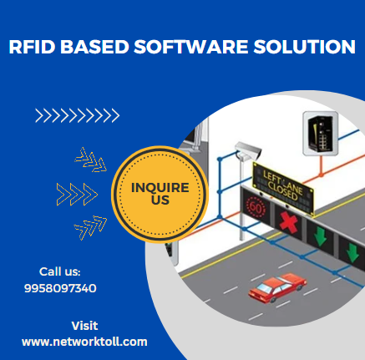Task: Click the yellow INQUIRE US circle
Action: click(160, 194)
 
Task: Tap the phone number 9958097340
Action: click(61, 287)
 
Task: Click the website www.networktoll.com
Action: click(84, 341)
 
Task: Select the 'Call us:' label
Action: click(59, 271)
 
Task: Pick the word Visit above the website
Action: click(84, 325)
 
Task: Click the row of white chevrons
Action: click(77, 115)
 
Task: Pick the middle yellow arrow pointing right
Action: click(75, 194)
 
